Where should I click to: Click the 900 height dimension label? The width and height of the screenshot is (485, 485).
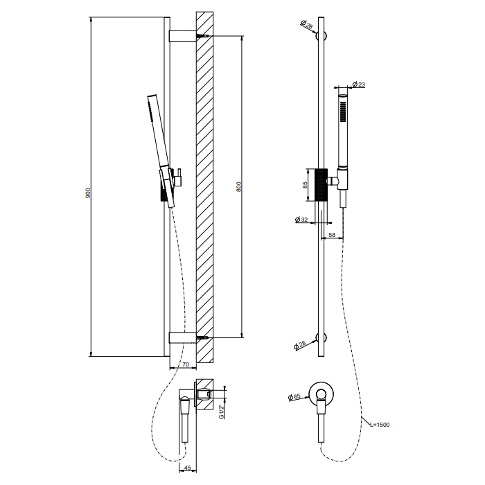88,193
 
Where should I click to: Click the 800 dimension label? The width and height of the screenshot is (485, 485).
238,186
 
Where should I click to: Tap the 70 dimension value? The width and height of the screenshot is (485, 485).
185,364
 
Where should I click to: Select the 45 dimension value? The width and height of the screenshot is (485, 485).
188,468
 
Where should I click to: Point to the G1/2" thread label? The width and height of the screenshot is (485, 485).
222,412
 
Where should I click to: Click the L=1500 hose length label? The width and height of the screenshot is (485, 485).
380,425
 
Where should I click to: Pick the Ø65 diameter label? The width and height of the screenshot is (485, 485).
294,397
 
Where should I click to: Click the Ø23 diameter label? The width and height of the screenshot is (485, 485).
359,84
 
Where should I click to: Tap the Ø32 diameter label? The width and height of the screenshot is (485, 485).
301,220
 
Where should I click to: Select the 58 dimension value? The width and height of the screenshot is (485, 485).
332,235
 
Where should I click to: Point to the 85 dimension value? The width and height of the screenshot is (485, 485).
305,185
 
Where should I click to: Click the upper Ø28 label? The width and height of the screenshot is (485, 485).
307,24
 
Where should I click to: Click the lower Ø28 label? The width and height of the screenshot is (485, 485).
300,345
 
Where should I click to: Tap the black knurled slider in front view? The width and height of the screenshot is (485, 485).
321,185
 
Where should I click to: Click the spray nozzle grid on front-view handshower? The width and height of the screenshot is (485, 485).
343,112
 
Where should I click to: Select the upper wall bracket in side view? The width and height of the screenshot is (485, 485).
182,36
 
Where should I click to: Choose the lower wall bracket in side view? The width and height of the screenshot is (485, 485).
182,338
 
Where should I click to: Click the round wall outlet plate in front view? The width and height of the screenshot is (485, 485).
321,394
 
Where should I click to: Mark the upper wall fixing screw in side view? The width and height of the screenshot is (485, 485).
202,36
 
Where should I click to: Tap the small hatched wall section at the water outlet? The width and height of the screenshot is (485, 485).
204,395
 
